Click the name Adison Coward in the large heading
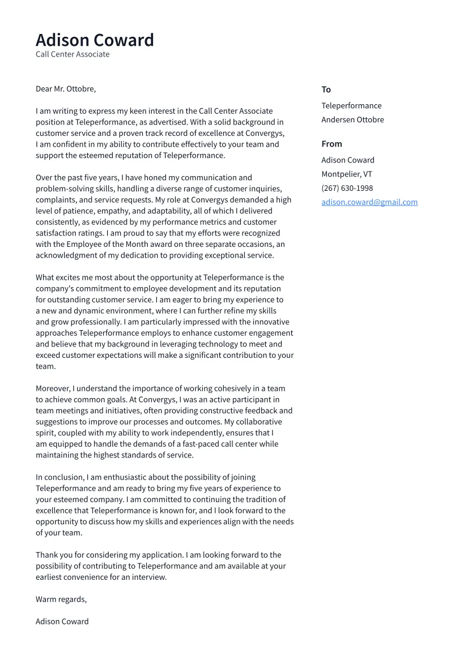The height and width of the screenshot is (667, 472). click(95, 40)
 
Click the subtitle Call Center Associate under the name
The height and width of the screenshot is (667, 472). click(73, 54)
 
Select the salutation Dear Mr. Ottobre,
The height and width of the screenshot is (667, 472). click(66, 89)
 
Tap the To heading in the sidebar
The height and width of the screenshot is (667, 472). click(326, 89)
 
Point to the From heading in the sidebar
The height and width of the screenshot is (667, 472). click(331, 144)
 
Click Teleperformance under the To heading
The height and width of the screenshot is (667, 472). click(351, 106)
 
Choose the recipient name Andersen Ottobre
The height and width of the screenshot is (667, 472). click(352, 119)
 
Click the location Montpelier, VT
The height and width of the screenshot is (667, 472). click(347, 174)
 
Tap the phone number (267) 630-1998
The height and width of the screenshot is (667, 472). click(347, 188)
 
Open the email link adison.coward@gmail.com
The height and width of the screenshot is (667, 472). click(369, 202)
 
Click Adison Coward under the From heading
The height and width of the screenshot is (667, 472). click(348, 160)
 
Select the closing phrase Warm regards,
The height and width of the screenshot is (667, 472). click(61, 599)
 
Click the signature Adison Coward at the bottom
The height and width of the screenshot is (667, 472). click(62, 621)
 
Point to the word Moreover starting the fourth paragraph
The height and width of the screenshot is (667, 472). click(53, 388)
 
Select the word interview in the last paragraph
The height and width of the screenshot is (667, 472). click(148, 577)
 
